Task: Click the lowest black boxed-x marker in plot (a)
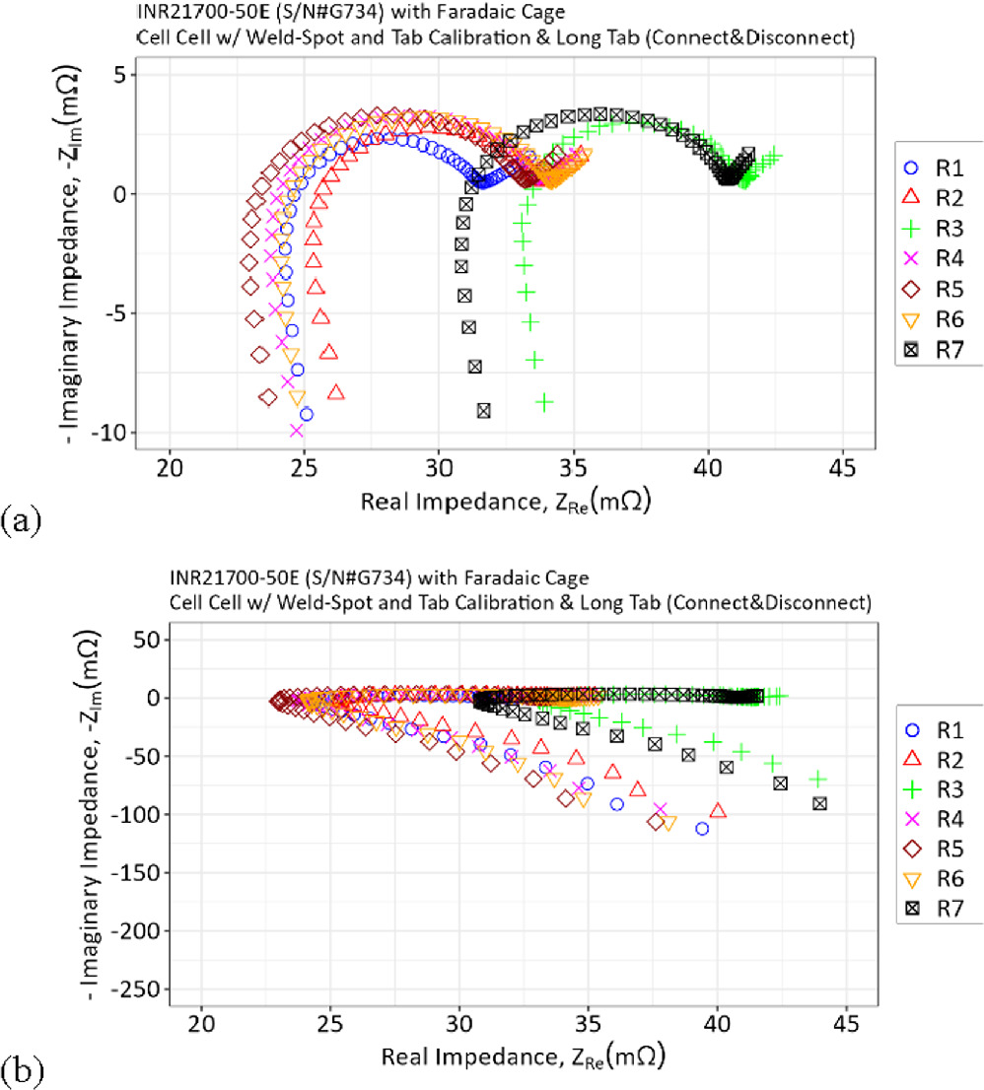pyautogui.click(x=484, y=410)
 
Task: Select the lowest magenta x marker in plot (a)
pyautogui.click(x=296, y=430)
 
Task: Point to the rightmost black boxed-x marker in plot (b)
pyautogui.click(x=818, y=803)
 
